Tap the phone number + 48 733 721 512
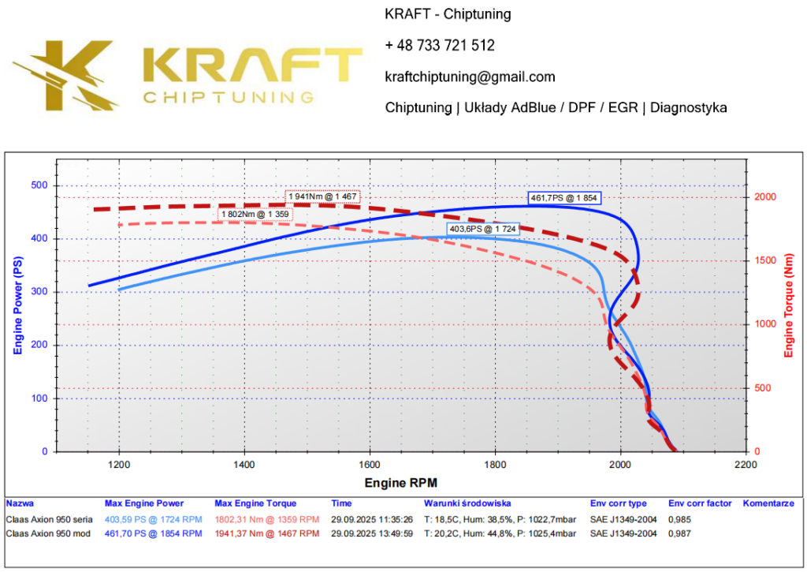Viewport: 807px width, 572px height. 440,46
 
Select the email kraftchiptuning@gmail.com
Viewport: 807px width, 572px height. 470,77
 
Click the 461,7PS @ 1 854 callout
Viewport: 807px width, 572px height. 564,197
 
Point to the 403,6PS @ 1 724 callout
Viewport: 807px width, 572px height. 483,229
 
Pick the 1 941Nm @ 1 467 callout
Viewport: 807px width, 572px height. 322,196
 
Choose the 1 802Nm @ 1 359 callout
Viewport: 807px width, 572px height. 254,214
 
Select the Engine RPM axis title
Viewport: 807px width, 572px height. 400,482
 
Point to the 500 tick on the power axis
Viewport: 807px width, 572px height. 39,185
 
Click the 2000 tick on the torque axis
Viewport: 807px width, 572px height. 764,196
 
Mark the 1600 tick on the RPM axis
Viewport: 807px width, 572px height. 370,465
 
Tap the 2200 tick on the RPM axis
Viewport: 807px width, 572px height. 746,465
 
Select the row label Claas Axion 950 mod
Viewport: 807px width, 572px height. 48,533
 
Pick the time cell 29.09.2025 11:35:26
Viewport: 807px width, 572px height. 373,519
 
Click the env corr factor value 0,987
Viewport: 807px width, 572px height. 680,533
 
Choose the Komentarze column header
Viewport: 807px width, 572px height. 768,503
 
